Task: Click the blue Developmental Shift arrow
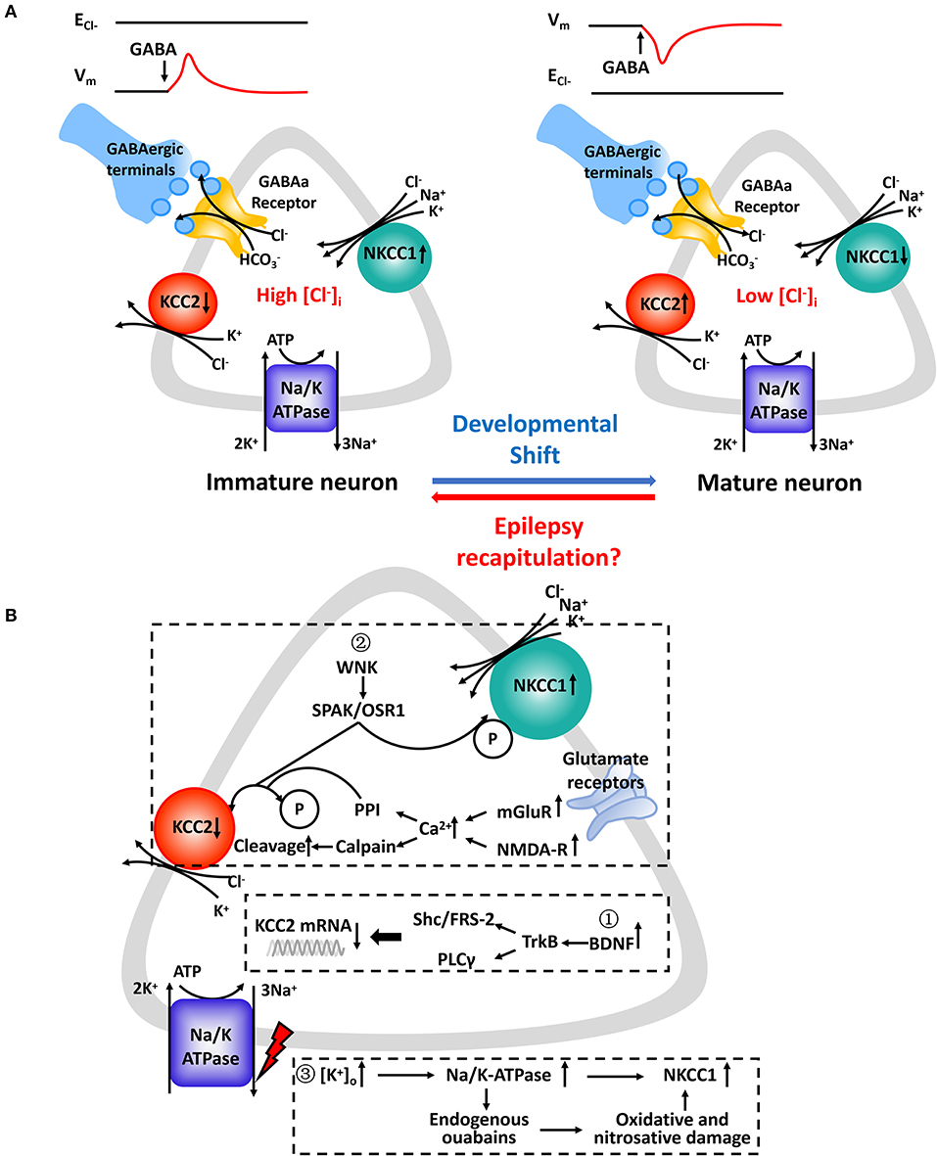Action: [x=544, y=481]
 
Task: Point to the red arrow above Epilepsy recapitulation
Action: [x=544, y=497]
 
